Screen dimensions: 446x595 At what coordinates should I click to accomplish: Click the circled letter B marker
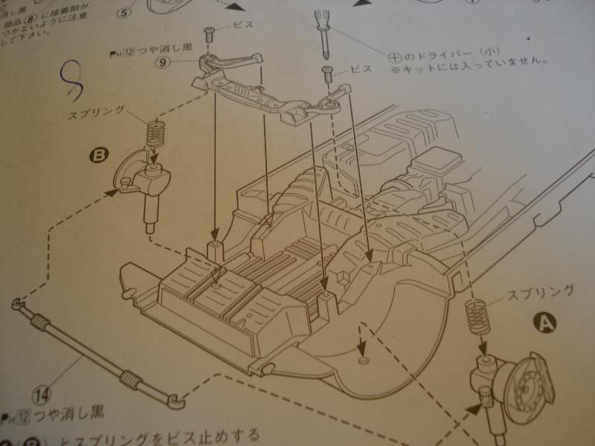tap(99, 156)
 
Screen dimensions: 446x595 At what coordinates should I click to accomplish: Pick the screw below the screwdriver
tap(327, 73)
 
